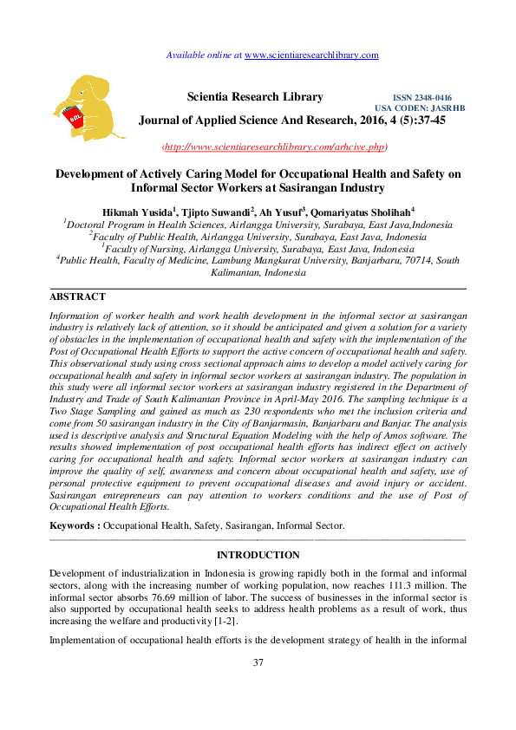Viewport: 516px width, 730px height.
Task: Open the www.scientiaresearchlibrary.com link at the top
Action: pos(311,55)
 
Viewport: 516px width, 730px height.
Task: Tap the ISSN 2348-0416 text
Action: pos(422,98)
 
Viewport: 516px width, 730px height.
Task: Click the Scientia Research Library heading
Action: pos(255,97)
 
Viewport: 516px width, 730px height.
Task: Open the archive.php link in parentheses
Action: pos(276,147)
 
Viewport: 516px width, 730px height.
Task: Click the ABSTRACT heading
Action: pos(77,297)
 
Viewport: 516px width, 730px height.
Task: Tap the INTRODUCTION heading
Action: pos(258,555)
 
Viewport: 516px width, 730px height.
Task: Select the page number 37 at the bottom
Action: pos(258,663)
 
